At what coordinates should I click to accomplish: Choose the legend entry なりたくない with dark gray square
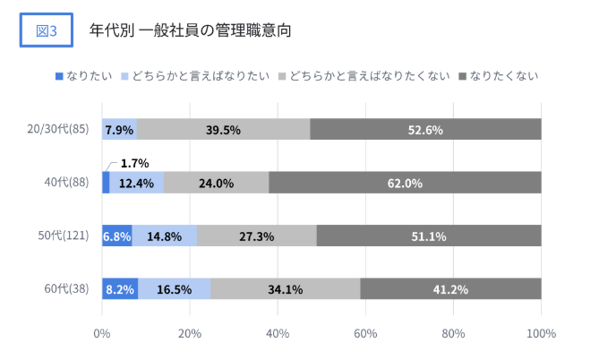[x=501, y=75]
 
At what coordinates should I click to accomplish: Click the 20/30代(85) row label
[x=59, y=130]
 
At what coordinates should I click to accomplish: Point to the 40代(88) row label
[x=68, y=183]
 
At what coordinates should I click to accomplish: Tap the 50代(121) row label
[x=65, y=236]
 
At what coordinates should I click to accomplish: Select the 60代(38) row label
[x=68, y=289]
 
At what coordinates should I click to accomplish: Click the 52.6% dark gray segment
[x=426, y=130]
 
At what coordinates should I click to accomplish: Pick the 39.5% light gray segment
[x=223, y=130]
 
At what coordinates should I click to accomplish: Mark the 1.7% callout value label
[x=134, y=163]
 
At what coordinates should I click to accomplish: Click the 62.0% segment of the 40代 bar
[x=405, y=183]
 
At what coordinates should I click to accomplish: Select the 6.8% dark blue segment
[x=116, y=236]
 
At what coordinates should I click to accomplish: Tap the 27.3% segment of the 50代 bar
[x=256, y=236]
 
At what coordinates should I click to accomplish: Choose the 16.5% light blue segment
[x=175, y=289]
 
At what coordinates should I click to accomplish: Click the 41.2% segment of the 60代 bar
[x=450, y=289]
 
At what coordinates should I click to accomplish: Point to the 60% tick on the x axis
[x=365, y=333]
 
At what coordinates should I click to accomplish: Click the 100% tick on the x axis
[x=540, y=333]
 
